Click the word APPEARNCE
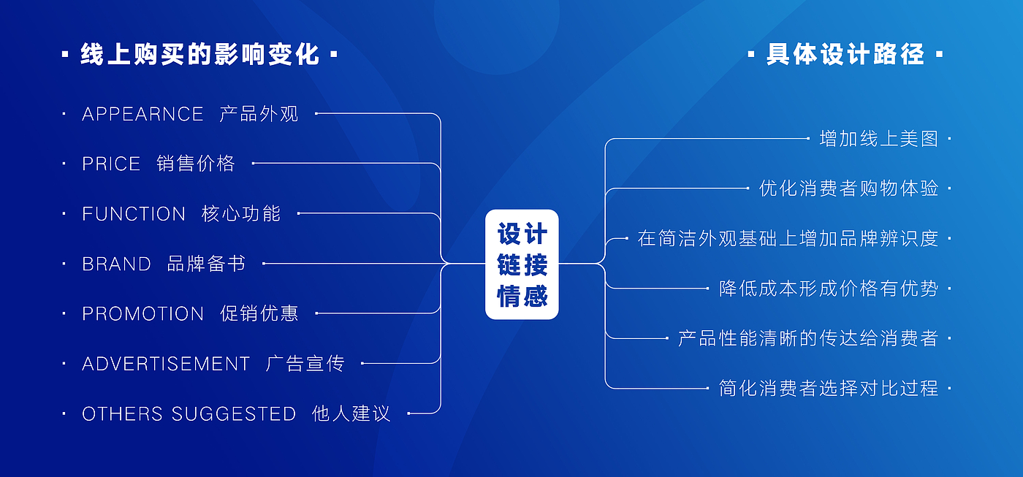(142, 114)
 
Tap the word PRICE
(111, 164)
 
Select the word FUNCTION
(134, 214)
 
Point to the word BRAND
(116, 264)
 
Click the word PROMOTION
(142, 314)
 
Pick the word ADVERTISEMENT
(166, 364)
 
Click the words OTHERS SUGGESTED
(189, 414)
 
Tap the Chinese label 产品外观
(259, 114)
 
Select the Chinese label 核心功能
(241, 214)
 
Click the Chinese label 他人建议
(351, 414)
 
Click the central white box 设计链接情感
(522, 264)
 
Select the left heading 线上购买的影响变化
(199, 55)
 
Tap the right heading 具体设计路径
(845, 55)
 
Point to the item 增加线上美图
(878, 139)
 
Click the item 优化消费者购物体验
(848, 188)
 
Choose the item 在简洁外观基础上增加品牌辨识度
(788, 239)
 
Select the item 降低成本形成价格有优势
(829, 289)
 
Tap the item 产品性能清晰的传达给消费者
(808, 339)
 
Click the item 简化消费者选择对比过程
(829, 389)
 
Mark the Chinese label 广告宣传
(305, 364)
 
